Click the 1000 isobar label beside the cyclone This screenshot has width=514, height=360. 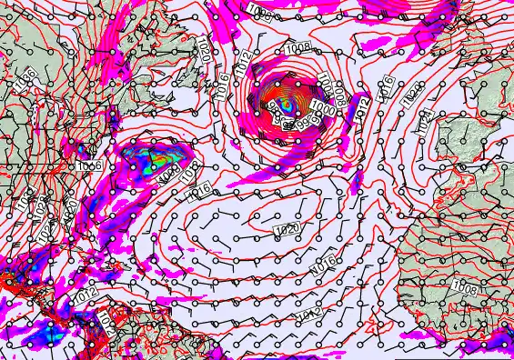coord(319,106)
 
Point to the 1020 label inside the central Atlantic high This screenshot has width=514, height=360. coord(289,227)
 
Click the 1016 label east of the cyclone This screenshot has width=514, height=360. coord(386,85)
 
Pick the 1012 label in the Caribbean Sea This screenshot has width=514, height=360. coord(84,296)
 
